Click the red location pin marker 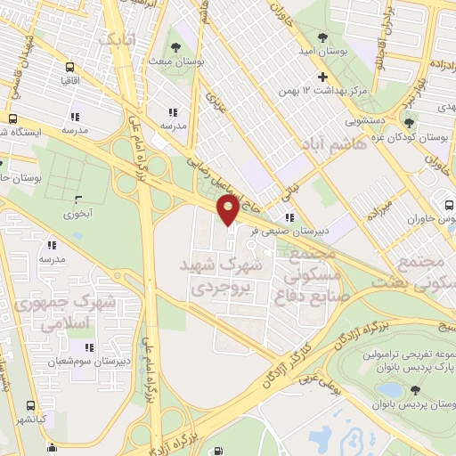coord(229,210)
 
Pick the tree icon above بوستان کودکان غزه coord(409,123)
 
